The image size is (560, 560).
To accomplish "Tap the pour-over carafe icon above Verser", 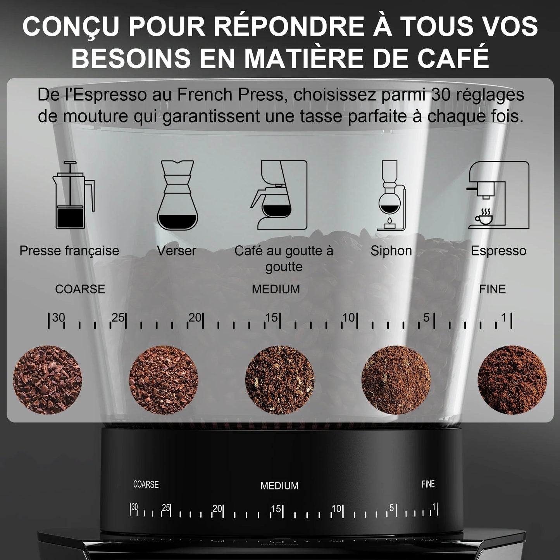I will click(x=177, y=195).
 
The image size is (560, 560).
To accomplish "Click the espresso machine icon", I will click(x=498, y=195).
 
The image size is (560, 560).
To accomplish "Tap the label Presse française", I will click(x=69, y=251).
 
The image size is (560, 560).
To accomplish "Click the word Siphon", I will click(x=391, y=251).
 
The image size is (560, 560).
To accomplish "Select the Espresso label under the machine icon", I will click(x=498, y=251).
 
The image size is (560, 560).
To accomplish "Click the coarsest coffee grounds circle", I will click(x=47, y=380).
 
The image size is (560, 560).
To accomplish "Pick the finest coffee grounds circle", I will click(x=512, y=380).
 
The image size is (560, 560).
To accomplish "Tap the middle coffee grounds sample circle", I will click(x=279, y=380).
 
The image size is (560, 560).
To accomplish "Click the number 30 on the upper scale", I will click(x=59, y=318).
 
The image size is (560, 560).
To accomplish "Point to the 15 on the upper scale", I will click(x=272, y=318).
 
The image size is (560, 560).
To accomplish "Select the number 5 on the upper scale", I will click(x=426, y=318).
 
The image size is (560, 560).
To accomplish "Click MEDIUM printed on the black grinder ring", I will click(x=279, y=486).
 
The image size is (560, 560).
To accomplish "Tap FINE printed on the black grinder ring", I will click(x=428, y=484).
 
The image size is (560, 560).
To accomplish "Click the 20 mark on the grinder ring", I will click(x=217, y=508).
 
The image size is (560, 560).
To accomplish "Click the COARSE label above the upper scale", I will click(x=80, y=289).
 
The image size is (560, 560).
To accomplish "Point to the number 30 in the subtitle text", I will click(x=440, y=95).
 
